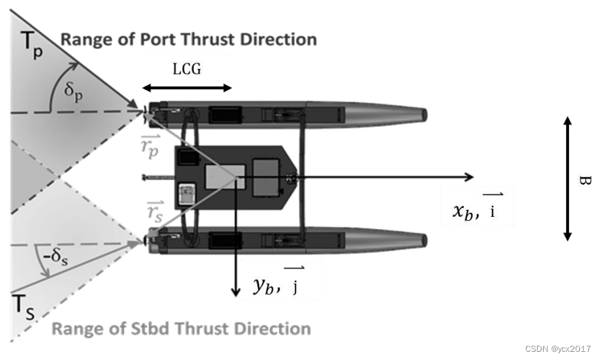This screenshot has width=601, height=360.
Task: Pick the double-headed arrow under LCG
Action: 187,89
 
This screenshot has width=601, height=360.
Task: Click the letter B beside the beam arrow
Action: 583,180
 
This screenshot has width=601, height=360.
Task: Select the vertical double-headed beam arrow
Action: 567,179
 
